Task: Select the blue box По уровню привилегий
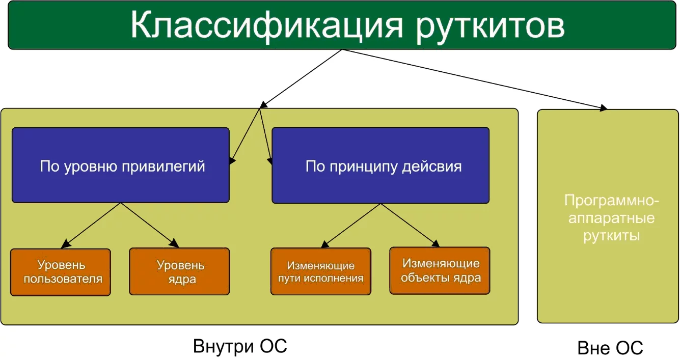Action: (121, 165)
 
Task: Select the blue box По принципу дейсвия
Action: (380, 165)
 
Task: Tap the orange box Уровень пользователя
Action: (61, 272)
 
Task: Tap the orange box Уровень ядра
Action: (180, 272)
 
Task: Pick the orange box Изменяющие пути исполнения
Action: (321, 271)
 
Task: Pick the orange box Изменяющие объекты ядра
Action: (440, 270)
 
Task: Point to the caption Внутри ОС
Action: (240, 346)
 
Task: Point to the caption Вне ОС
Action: (610, 348)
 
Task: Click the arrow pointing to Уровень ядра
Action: (148, 223)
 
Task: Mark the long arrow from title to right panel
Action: (474, 79)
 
